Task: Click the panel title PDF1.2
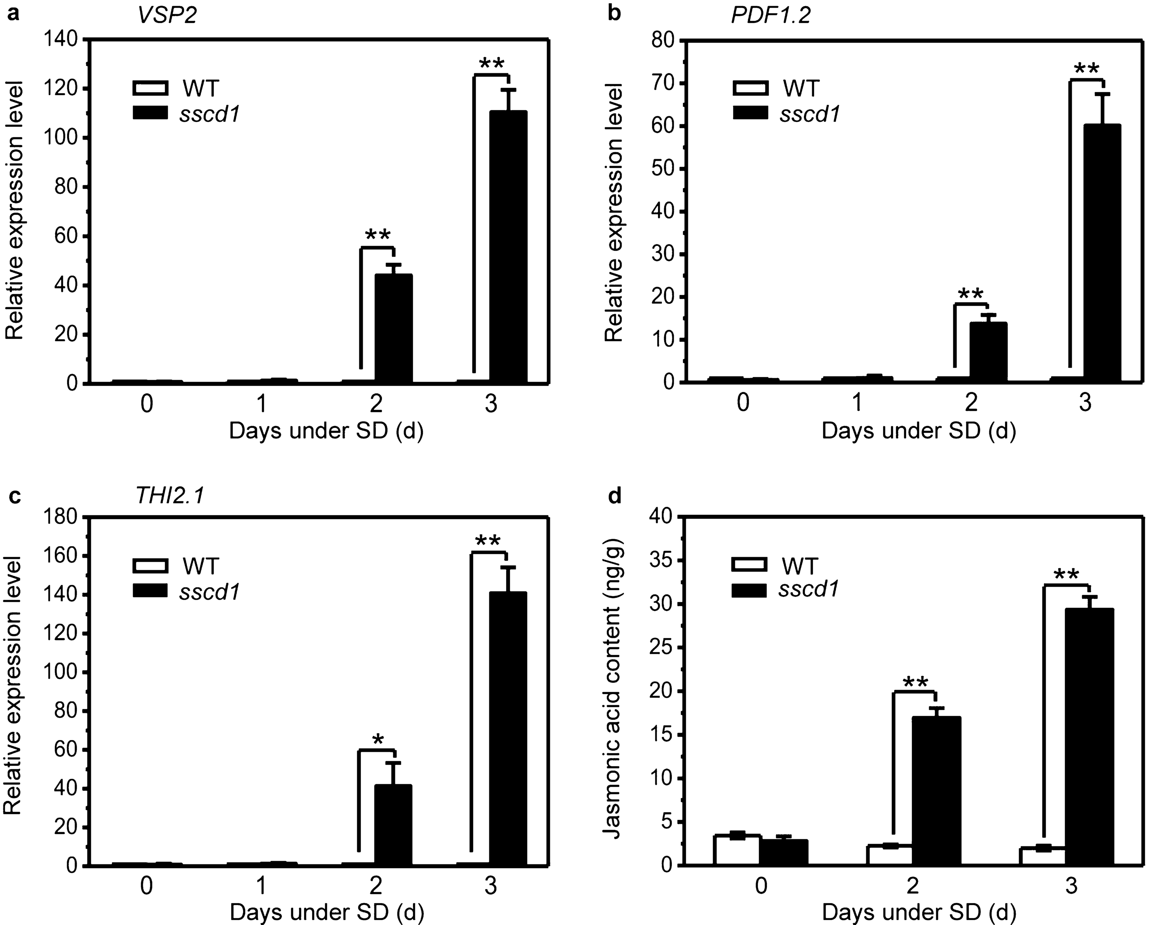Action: [x=770, y=16]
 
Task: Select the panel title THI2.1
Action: [x=169, y=497]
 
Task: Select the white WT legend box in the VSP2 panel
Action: [x=150, y=88]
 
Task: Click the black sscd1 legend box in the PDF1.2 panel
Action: [x=750, y=113]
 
